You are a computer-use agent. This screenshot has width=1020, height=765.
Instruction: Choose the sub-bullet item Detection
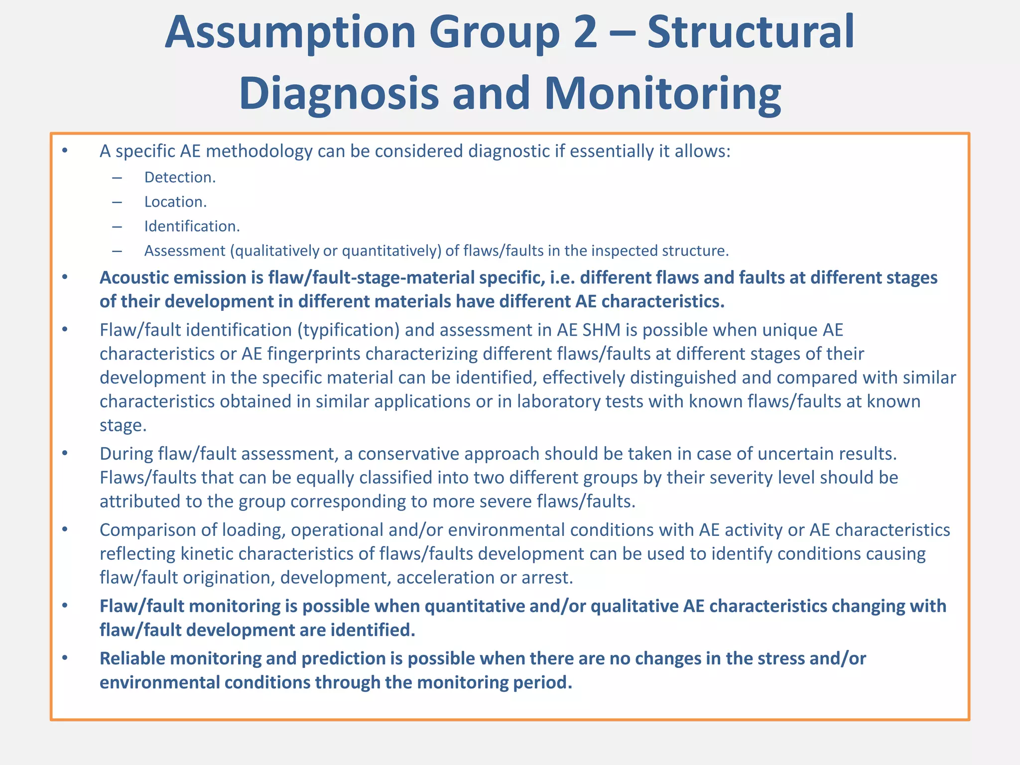180,178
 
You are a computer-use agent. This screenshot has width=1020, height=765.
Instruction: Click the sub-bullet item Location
175,202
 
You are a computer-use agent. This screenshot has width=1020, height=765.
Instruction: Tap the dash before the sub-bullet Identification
117,227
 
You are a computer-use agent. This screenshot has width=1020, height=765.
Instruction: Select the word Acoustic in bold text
131,278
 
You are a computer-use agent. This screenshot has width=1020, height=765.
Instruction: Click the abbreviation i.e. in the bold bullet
562,278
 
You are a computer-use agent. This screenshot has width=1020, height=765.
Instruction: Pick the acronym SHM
606,330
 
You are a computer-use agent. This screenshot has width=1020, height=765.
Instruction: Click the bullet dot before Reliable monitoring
64,658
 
